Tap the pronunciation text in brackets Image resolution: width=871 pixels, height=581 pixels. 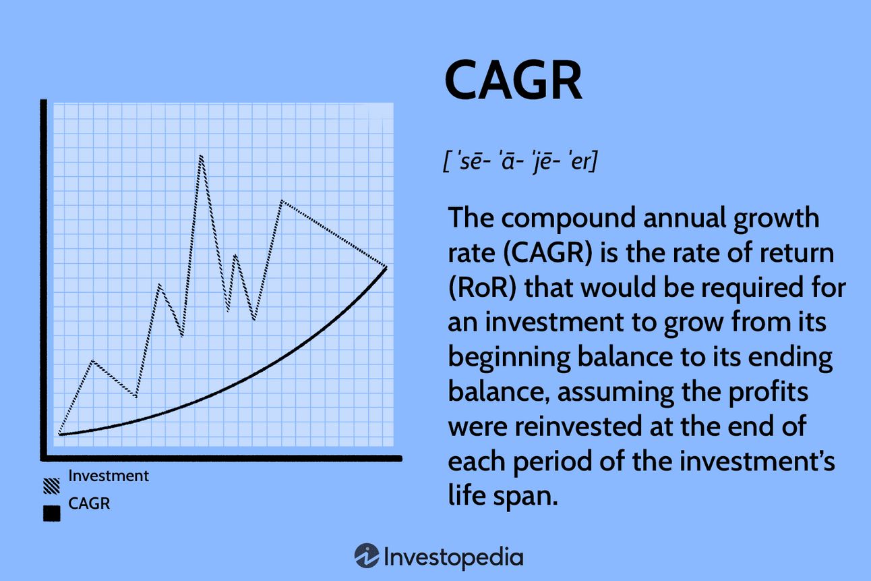[520, 161]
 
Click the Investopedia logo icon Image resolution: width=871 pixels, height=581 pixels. [366, 555]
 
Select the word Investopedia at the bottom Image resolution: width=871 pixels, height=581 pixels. [454, 557]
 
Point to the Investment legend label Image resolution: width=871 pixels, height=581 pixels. [109, 476]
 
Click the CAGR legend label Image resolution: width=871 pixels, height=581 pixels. [89, 503]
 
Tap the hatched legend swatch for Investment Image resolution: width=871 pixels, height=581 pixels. [51, 486]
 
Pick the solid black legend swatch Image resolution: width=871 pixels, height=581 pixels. [51, 514]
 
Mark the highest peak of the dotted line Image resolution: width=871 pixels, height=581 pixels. [201, 157]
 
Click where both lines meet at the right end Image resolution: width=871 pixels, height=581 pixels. [386, 267]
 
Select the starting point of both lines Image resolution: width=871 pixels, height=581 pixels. [59, 434]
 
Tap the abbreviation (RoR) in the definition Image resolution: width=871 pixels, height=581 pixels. [482, 287]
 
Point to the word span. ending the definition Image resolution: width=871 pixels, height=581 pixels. [525, 497]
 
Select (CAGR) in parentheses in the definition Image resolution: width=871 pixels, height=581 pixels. [547, 252]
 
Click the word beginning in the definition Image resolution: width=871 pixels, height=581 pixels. [509, 358]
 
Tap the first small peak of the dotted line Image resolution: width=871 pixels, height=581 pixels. [92, 362]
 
